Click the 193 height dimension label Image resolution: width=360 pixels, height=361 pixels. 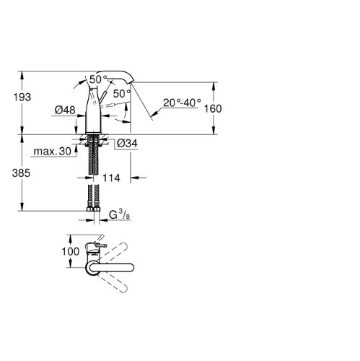[22, 97]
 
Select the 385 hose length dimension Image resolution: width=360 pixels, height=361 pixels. [21, 173]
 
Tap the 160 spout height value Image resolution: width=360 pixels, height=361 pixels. [213, 108]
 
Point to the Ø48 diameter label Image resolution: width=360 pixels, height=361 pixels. [65, 110]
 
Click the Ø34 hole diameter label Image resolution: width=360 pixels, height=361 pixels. [127, 143]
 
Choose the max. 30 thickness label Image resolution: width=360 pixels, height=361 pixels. [53, 152]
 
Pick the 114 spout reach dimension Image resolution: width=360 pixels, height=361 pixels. [111, 178]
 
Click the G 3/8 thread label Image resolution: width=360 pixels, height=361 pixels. [120, 214]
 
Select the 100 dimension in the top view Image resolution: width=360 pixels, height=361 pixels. [71, 251]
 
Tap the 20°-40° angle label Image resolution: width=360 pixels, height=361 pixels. [182, 103]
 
